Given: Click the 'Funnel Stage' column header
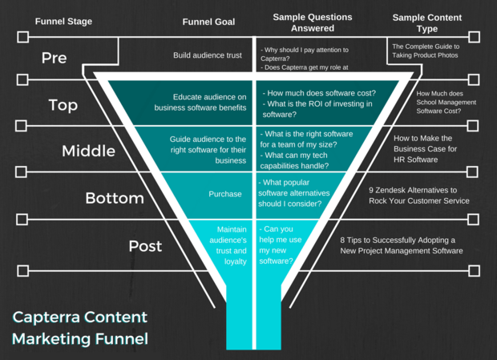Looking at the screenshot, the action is coord(63,21).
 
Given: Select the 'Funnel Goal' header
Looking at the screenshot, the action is coord(208,22).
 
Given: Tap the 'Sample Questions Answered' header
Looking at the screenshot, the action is coord(313,22).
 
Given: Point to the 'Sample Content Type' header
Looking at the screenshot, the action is coord(427,22).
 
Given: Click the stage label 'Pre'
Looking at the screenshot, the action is coord(55,58).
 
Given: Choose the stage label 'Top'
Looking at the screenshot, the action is coord(63,105).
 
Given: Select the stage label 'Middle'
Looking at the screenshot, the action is coord(88,151).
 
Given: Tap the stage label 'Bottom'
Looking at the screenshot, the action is coord(115,198).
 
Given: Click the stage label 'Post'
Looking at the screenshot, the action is coord(145,246).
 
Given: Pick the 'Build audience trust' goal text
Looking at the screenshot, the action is coord(208,55).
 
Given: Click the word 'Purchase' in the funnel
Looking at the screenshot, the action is coord(225,194).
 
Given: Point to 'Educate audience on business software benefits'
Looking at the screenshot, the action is coord(200,102).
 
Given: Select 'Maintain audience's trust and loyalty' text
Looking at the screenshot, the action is coord(228,245).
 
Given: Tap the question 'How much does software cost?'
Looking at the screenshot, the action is coord(319,93).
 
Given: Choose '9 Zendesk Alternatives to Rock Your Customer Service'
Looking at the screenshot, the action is coord(419,195).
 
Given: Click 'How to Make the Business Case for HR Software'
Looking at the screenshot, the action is coord(425,149).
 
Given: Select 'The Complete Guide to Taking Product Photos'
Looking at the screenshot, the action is coord(426,51).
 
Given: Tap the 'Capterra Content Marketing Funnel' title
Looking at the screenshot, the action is coord(80,328).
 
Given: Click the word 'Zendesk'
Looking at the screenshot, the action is coord(391,190).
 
